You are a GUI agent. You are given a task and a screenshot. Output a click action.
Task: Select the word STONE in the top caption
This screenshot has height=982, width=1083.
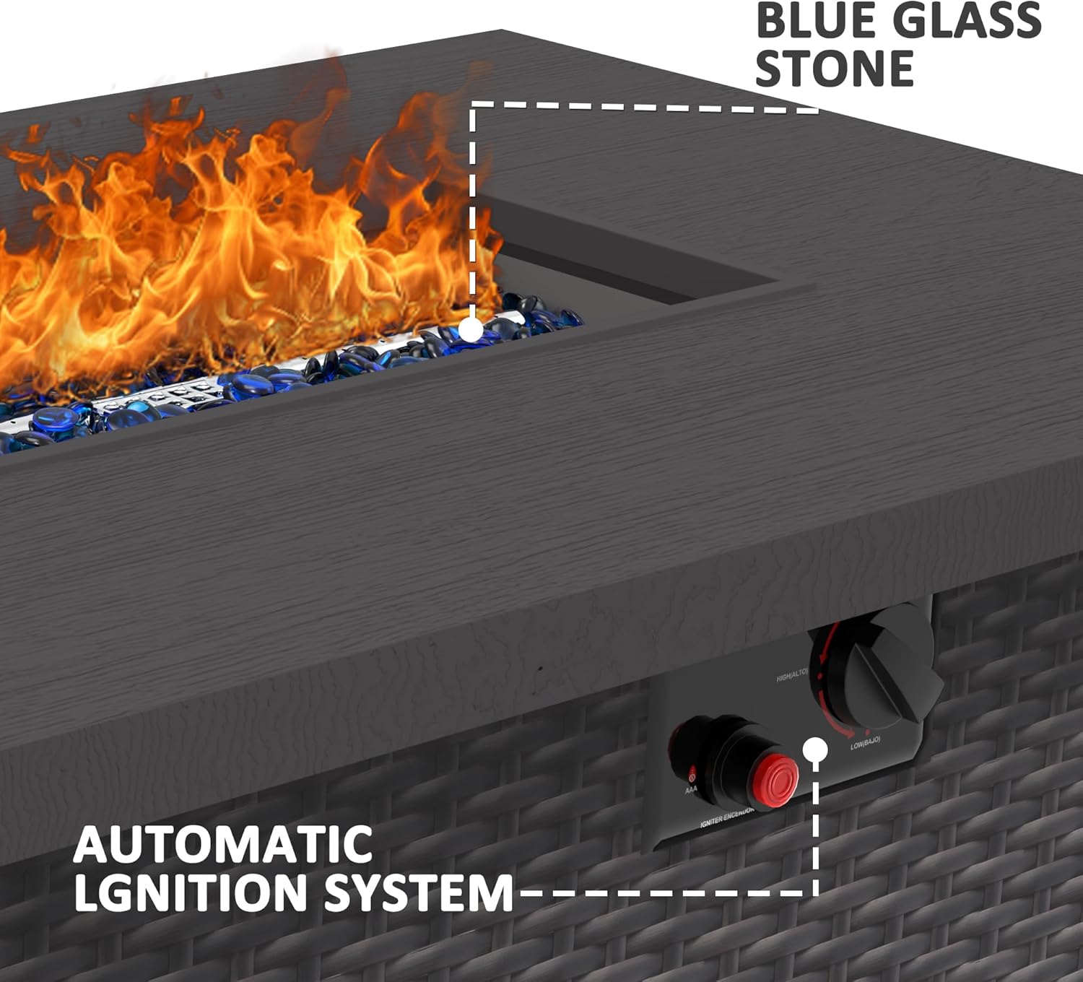click(835, 69)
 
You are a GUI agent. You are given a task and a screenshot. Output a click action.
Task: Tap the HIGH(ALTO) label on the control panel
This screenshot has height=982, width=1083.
click(792, 677)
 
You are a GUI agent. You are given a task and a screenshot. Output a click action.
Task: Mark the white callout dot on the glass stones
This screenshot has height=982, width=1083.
click(471, 330)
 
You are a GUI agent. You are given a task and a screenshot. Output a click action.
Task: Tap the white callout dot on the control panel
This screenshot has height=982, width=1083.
click(815, 749)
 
